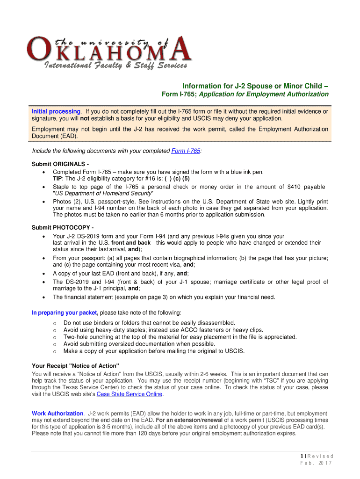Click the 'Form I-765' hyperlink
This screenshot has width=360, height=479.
pyautogui.click(x=186, y=151)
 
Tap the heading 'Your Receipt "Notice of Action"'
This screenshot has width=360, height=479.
pyautogui.click(x=75, y=365)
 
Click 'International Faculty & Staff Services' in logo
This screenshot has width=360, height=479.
pyautogui.click(x=115, y=65)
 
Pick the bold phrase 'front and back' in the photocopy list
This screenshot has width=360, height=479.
pyautogui.click(x=131, y=243)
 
